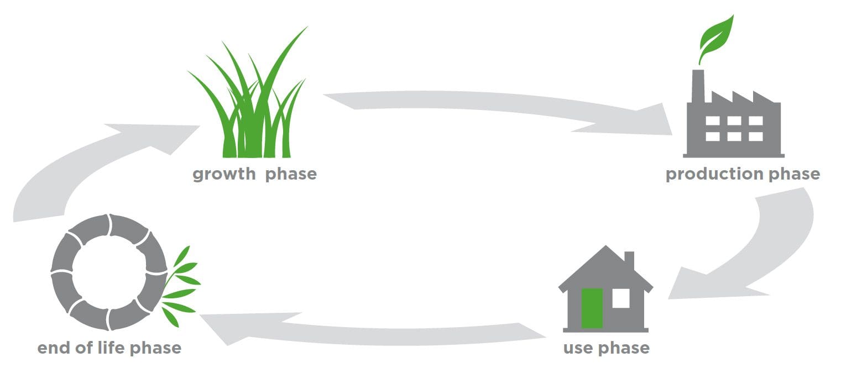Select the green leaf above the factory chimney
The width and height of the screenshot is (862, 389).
[716, 39]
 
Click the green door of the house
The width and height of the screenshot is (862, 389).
[592, 308]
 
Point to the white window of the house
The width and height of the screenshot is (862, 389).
[621, 298]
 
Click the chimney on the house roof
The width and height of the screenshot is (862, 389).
[629, 261]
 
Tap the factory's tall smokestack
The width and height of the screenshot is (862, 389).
[698, 86]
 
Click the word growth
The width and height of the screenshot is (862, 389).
[224, 175]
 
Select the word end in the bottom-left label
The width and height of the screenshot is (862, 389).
[54, 348]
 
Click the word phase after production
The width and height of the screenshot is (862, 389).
[795, 174]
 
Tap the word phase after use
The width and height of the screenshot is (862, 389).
[624, 348]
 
